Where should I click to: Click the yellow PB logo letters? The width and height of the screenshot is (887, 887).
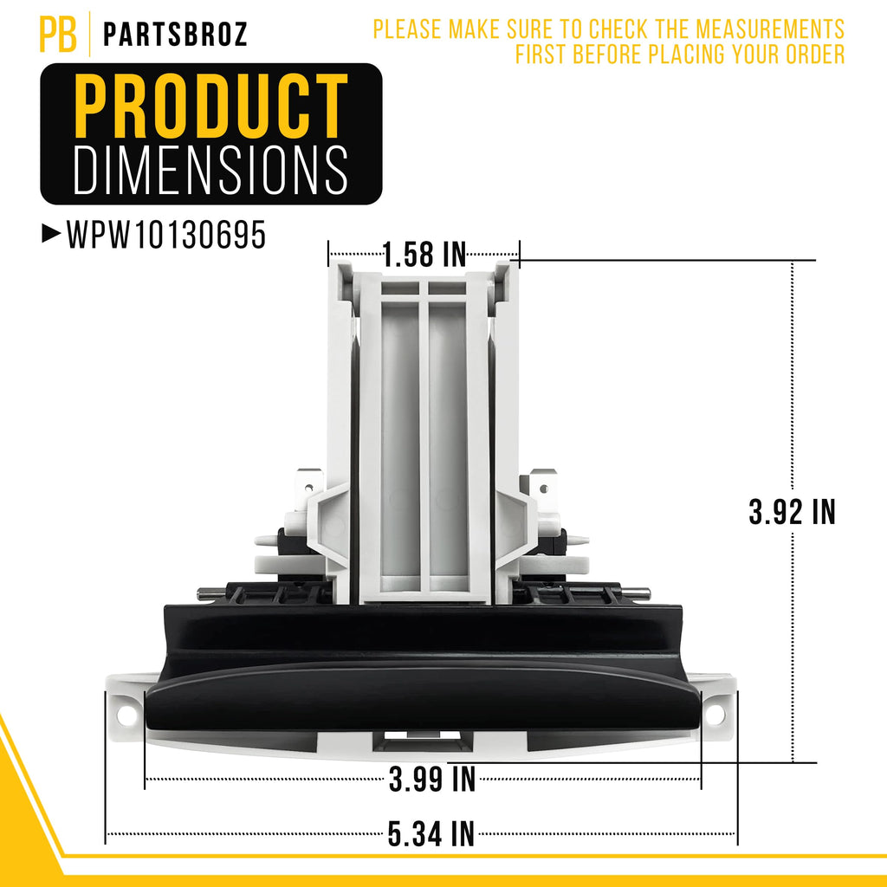click(x=58, y=34)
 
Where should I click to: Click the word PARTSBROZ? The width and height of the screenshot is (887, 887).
click(x=175, y=34)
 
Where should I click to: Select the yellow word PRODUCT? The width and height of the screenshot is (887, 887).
click(x=210, y=106)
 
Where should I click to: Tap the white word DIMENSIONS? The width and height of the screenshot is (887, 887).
click(x=210, y=170)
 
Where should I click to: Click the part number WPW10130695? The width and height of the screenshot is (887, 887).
click(x=166, y=234)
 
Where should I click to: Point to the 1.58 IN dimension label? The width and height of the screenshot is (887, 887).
click(x=424, y=254)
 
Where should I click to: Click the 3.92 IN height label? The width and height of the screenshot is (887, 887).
click(x=792, y=511)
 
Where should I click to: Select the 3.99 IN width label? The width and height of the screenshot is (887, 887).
click(x=432, y=779)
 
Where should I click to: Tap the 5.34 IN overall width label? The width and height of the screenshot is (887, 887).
click(x=431, y=834)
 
